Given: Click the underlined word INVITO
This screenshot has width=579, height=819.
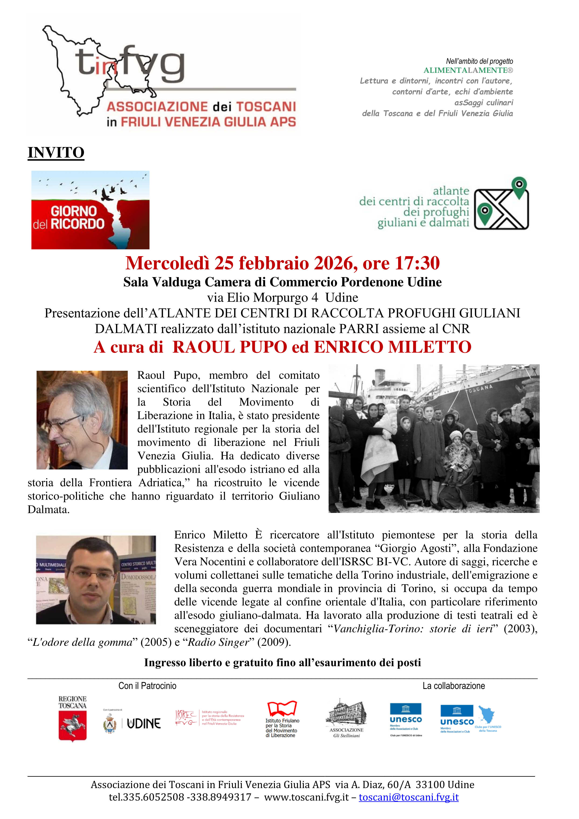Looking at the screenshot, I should coord(56,153).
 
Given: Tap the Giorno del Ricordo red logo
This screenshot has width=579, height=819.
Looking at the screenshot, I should coord(90,210).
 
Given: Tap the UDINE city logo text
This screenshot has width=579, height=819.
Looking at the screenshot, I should coord(144,724).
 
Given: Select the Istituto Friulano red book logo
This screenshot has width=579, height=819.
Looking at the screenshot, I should coord(282,708).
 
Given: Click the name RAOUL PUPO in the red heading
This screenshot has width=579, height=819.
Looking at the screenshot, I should coord(230,347).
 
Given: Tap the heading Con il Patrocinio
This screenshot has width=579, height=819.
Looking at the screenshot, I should coord(147,686).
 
